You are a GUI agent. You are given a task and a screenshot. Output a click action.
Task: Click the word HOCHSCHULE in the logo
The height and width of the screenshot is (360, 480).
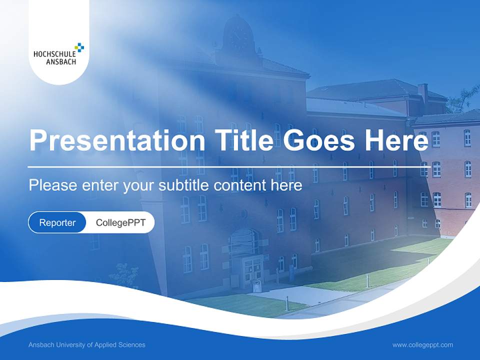tap(54, 54)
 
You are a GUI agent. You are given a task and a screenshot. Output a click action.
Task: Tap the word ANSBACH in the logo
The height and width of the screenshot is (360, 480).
tap(61, 62)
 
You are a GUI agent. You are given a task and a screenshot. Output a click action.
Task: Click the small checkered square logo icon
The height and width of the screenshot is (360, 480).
tap(79, 47)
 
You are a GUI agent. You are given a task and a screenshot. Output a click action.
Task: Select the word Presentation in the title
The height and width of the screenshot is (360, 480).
tap(117, 140)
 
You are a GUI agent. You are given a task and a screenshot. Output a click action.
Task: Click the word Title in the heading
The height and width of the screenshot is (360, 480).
tap(243, 139)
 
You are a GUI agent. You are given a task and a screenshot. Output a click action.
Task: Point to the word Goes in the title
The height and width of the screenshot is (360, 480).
tap(318, 140)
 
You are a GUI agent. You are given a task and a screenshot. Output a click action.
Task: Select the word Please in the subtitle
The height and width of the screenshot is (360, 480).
tap(53, 185)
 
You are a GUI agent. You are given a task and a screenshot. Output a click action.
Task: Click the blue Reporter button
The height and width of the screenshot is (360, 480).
tap(57, 222)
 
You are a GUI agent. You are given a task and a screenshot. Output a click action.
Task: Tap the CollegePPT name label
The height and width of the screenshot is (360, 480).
tap(120, 222)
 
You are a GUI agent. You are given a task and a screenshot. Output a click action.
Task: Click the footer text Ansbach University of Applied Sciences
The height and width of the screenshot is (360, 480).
tap(87, 345)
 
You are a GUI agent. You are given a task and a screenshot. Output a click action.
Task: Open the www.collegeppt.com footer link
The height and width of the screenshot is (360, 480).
tap(422, 345)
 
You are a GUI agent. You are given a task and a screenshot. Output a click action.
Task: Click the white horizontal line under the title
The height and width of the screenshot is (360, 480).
tap(229, 167)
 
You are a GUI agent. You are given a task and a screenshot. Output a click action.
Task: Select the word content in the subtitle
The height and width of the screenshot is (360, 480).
tap(239, 185)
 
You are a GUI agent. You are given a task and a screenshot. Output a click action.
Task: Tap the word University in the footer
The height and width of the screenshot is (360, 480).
tap(70, 345)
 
